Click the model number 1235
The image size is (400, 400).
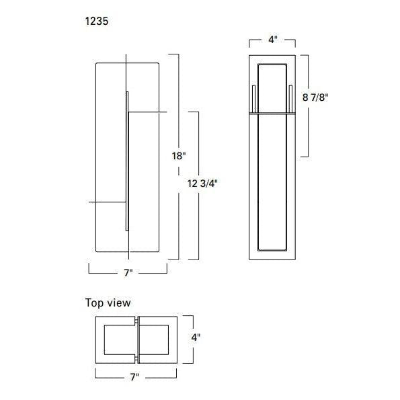click(97, 21)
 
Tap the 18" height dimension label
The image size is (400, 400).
click(179, 155)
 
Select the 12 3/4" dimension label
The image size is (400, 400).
click(202, 183)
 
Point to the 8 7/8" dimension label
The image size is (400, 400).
click(315, 97)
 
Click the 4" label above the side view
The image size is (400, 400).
click(272, 40)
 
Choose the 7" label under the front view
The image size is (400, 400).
click(128, 273)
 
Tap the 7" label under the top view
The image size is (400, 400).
click(134, 376)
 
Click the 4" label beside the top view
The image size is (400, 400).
click(196, 337)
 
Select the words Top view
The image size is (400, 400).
click(108, 303)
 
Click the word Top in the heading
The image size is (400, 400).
click(94, 303)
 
